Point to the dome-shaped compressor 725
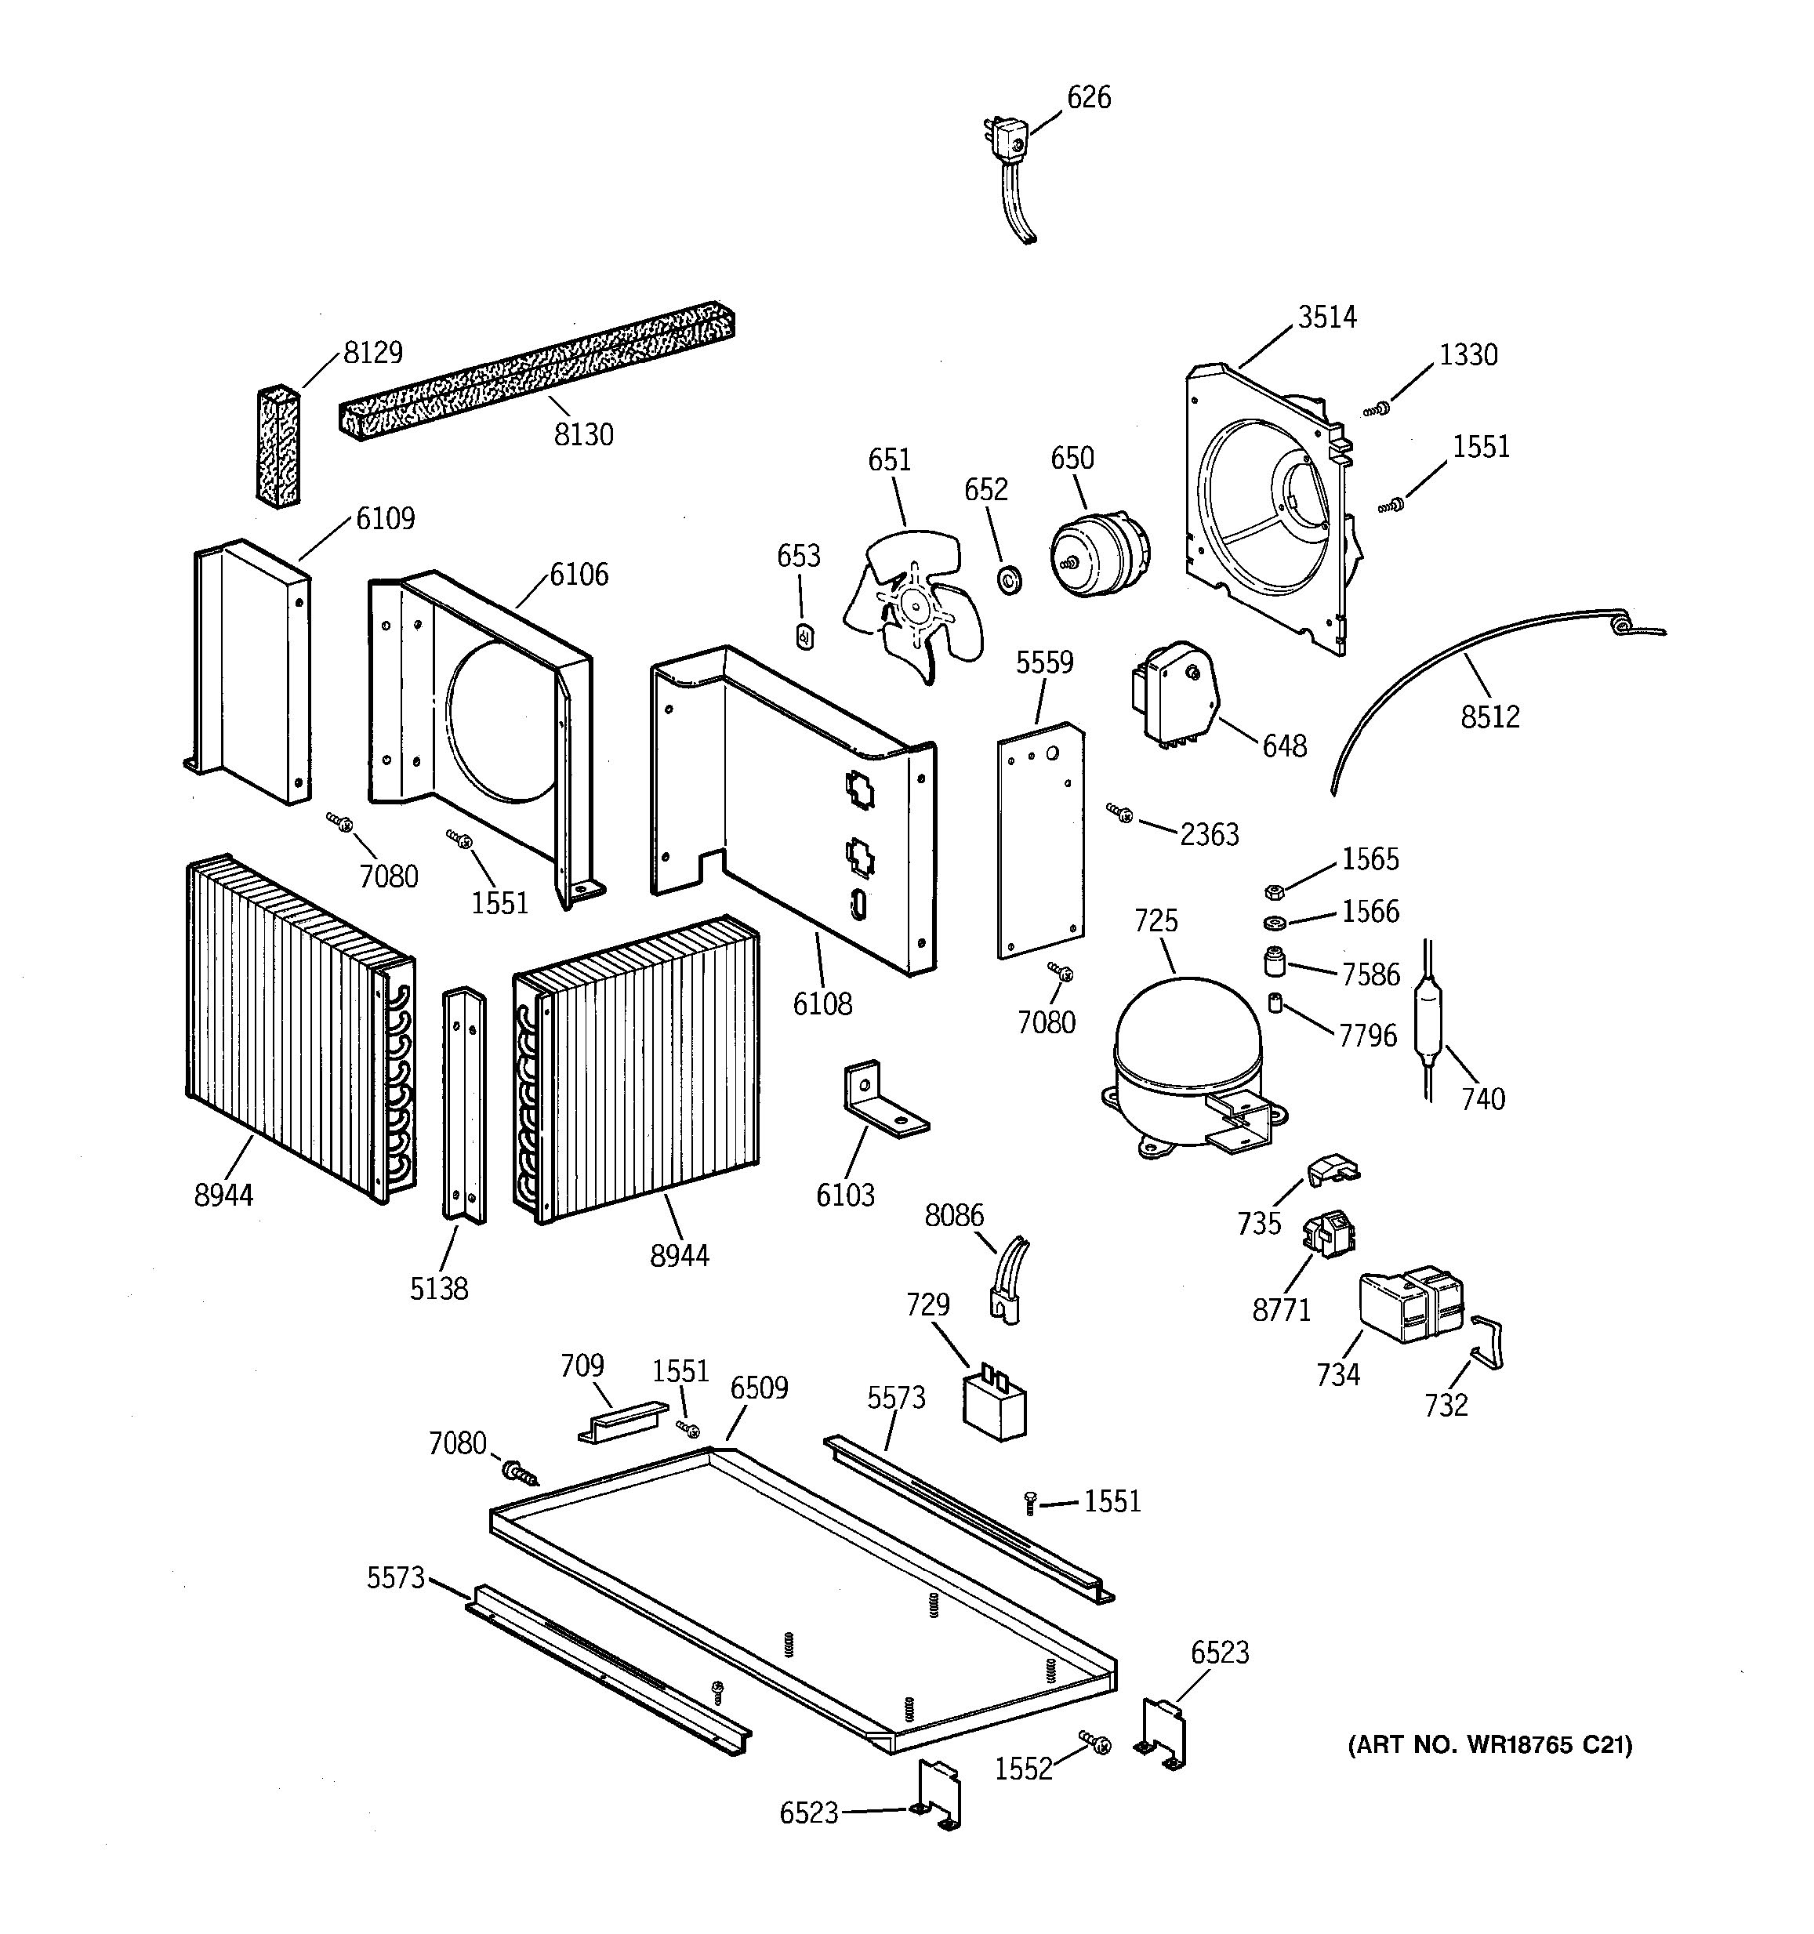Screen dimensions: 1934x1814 click(x=1187, y=1050)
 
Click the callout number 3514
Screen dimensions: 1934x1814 click(x=1326, y=317)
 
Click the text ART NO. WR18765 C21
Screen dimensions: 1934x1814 click(x=1489, y=1745)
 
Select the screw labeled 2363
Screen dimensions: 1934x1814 click(x=1120, y=811)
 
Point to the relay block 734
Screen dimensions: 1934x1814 click(x=1409, y=1304)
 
